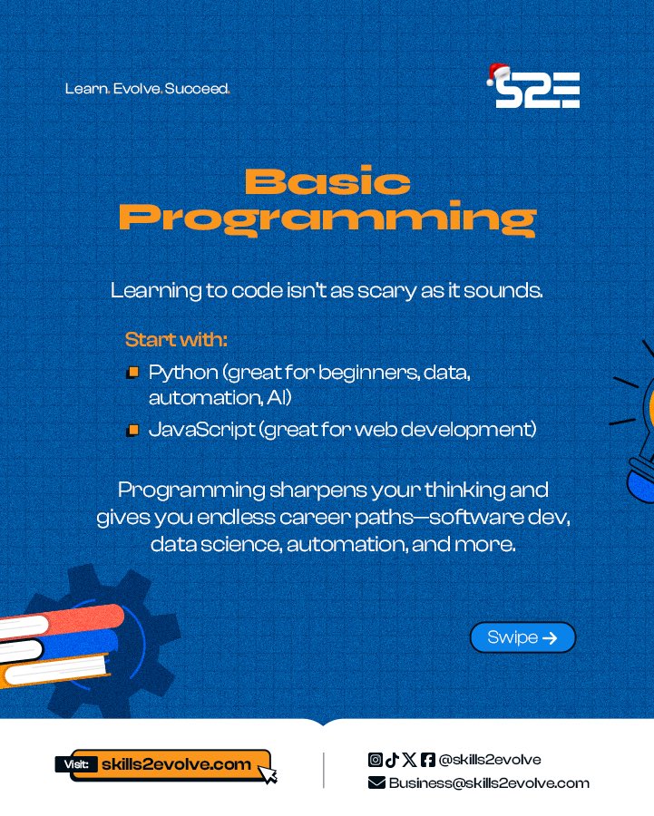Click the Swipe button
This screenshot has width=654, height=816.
click(x=522, y=637)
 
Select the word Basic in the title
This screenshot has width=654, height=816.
click(x=327, y=182)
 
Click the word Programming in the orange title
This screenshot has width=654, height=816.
click(x=327, y=218)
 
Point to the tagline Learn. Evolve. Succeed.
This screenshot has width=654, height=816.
click(x=147, y=89)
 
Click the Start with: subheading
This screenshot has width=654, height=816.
click(x=176, y=341)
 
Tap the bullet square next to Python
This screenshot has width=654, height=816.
click(x=132, y=373)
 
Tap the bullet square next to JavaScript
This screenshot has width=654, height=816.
click(x=132, y=430)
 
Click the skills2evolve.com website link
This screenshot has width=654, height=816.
click(x=177, y=764)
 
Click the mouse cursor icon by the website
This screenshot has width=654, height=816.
click(x=268, y=773)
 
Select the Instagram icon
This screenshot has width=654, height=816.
click(x=375, y=760)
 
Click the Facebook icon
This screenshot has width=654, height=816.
click(x=428, y=760)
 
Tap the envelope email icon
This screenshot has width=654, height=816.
click(x=376, y=783)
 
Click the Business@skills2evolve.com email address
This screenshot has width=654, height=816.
click(x=489, y=783)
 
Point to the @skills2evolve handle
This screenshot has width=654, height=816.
click(x=490, y=760)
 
